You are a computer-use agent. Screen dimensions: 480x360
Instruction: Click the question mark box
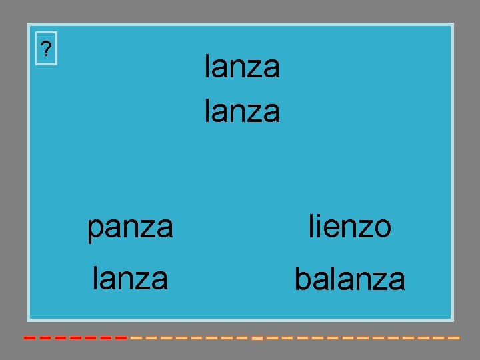click(46, 49)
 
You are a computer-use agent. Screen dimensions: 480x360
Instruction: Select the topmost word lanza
click(242, 67)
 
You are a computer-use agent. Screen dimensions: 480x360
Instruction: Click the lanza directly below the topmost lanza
click(242, 111)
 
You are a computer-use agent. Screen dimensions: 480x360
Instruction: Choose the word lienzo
click(349, 227)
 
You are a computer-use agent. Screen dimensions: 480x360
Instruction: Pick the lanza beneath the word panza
click(130, 277)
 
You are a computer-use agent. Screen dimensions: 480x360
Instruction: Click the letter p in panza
click(95, 230)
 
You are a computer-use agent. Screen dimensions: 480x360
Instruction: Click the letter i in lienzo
click(320, 227)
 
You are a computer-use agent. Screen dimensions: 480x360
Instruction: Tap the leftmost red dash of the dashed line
click(29, 338)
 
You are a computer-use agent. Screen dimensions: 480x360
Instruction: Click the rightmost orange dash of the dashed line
click(454, 338)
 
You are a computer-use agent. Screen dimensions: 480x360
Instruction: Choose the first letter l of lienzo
click(312, 227)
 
